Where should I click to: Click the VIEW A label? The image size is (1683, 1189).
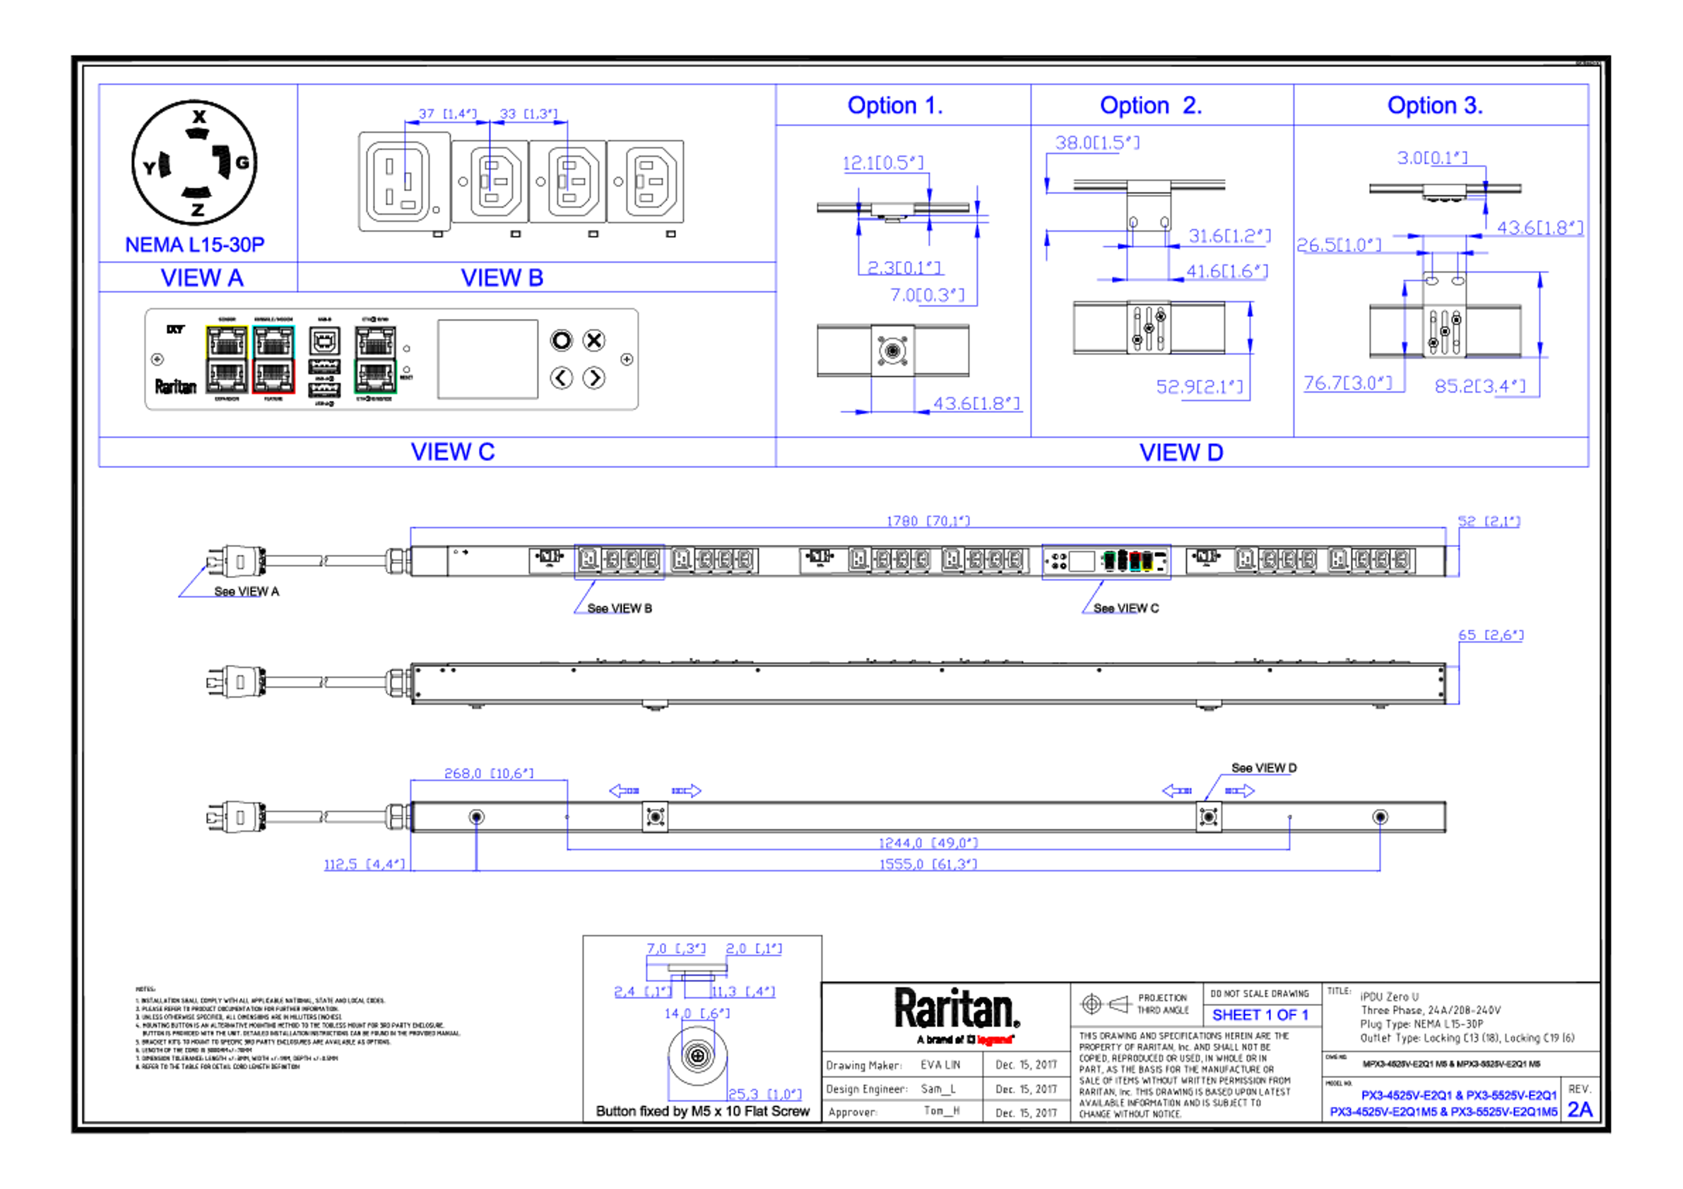(x=202, y=279)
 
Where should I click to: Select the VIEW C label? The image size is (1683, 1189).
(x=452, y=451)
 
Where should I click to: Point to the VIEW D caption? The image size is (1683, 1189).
(x=1181, y=453)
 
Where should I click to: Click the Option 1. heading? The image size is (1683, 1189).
(x=895, y=106)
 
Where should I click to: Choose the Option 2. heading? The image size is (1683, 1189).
(x=1150, y=106)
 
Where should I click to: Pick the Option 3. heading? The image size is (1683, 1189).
(x=1434, y=106)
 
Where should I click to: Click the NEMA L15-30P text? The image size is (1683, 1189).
(x=194, y=244)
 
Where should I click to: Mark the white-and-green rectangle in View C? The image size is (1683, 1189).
(x=375, y=359)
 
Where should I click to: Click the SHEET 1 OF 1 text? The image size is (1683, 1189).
(x=1259, y=1016)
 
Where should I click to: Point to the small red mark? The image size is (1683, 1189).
(x=995, y=1040)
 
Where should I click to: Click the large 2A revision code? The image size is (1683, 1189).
(x=1580, y=1111)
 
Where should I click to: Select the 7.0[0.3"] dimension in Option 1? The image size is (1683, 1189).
(x=925, y=295)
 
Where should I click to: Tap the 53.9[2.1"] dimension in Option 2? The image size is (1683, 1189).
(x=1199, y=386)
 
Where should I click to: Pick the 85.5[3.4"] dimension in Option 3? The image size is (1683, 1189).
(x=1479, y=386)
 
